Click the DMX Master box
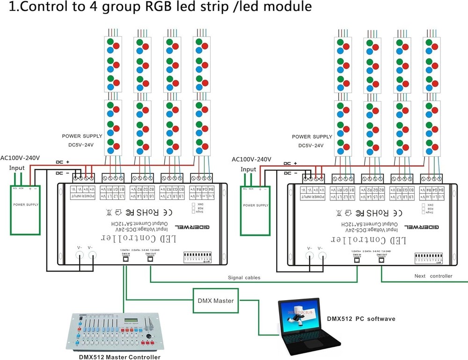[217, 301]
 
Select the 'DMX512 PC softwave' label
[361, 319]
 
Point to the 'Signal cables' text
[244, 278]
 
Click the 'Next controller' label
[433, 276]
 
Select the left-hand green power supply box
[25, 209]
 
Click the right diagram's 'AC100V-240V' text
[250, 159]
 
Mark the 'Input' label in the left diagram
[17, 168]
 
